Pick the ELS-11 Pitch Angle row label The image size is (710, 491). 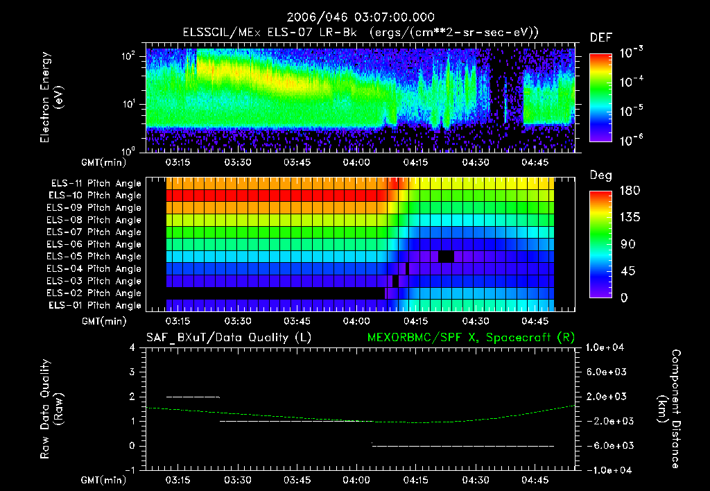pos(96,184)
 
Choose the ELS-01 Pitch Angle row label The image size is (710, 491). pos(94,306)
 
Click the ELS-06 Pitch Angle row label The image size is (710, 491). pos(96,245)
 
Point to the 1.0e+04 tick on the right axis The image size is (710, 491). pos(607,347)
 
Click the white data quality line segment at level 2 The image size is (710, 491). pos(193,397)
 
